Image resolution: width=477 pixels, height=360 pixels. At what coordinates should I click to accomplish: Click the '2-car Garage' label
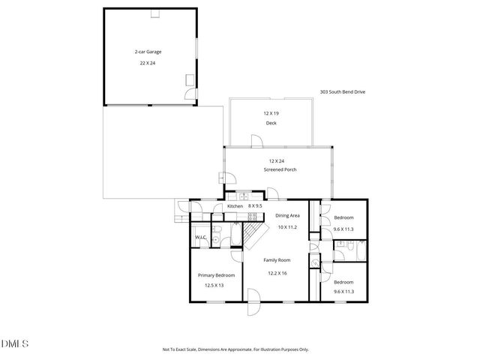148,52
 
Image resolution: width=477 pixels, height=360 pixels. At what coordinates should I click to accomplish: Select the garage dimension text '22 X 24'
148,64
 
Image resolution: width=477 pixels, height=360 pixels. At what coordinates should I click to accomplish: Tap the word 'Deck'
270,123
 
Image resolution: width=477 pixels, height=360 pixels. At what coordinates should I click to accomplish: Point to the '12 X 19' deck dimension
270,112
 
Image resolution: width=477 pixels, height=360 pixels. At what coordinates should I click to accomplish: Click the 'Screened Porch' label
280,170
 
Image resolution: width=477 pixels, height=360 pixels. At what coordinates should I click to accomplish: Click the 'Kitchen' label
235,205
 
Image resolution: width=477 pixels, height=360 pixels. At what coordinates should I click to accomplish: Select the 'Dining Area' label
288,215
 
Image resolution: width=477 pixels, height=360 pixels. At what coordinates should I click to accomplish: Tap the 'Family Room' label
277,260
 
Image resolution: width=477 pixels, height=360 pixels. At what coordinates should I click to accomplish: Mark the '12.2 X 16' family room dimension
277,273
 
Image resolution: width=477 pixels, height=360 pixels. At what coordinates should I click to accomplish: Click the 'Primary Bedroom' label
216,275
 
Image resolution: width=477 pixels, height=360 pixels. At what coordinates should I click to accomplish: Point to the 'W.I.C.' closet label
200,238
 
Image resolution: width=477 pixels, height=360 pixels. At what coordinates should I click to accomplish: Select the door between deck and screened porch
256,141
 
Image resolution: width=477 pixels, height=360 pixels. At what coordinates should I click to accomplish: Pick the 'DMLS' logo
16,343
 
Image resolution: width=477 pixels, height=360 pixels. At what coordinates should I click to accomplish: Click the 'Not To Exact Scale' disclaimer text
235,349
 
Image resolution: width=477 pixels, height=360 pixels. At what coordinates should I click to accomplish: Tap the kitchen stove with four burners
232,217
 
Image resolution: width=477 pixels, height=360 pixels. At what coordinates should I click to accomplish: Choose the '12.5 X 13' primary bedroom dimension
216,286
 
